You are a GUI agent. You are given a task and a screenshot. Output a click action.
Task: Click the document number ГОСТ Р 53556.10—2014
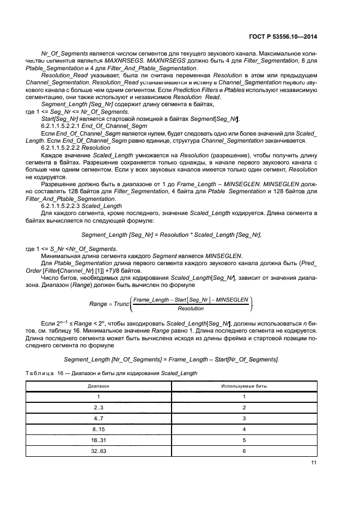[282, 36]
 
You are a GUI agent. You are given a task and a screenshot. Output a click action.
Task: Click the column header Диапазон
[99, 385]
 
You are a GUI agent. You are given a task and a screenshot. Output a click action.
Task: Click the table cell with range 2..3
[99, 407]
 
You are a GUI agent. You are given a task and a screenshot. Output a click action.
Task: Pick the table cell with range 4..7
[99, 418]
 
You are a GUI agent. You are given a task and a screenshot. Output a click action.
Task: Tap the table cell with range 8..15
[99, 429]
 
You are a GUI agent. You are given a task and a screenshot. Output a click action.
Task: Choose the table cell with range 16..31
[99, 440]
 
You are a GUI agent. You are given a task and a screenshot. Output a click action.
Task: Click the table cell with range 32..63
[99, 451]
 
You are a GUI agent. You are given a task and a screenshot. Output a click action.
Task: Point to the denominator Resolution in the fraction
[191, 308]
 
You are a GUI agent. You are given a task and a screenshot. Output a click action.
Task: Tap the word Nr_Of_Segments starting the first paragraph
[62, 55]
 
